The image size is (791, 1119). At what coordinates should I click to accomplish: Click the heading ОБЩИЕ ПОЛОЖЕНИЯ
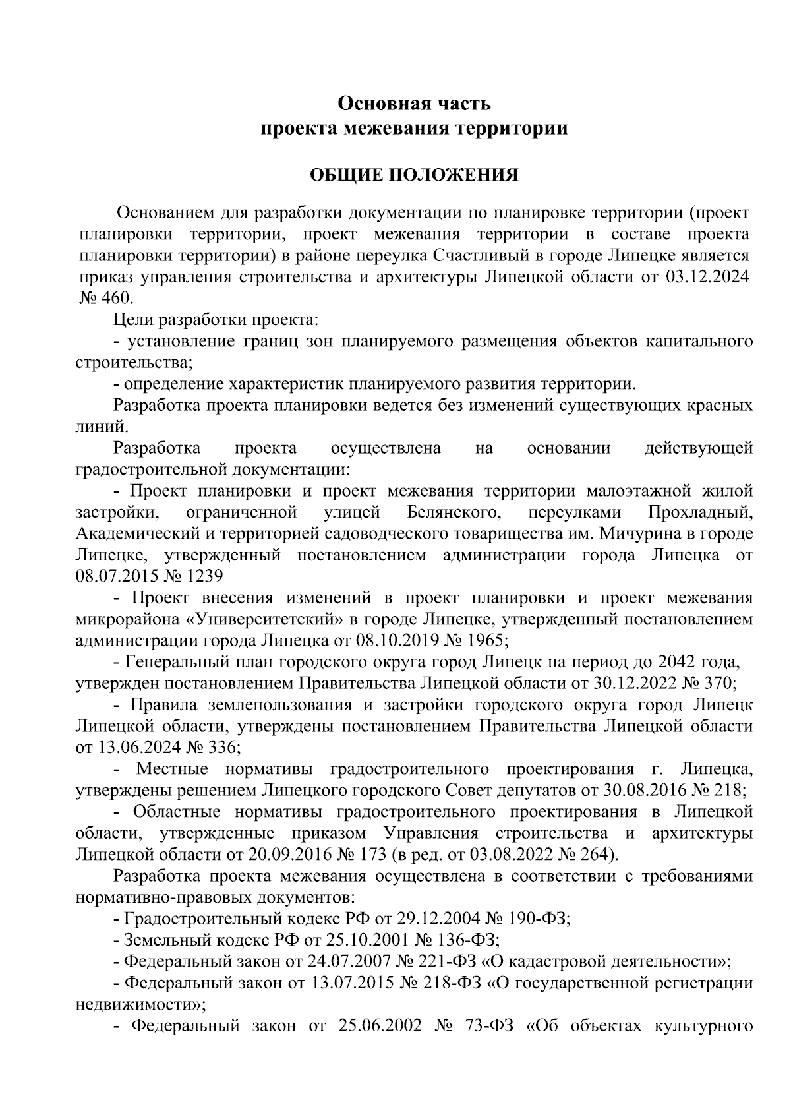[414, 175]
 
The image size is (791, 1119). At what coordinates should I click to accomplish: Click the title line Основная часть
[414, 104]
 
